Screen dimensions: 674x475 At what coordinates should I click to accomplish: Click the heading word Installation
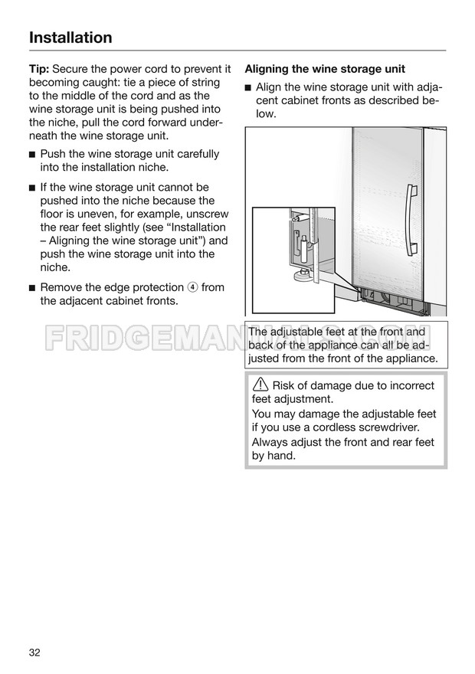pos(70,38)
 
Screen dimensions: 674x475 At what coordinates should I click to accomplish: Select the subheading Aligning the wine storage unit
pos(325,69)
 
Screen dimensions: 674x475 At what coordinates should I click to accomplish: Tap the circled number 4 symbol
pos(192,288)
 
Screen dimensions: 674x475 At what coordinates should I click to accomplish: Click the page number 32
pos(34,652)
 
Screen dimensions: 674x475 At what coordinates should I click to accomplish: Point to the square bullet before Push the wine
pos(32,155)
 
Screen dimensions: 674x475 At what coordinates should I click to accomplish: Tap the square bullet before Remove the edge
pos(32,288)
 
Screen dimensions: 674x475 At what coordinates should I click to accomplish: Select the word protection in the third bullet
pos(153,287)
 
